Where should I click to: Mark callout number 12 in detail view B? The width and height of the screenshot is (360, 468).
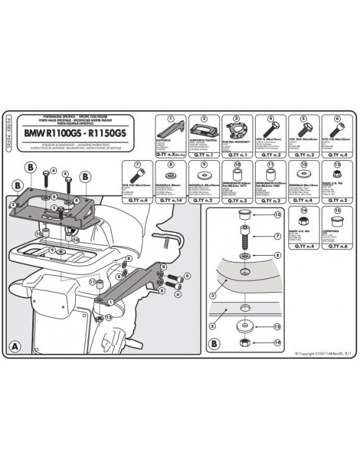pos(278,326)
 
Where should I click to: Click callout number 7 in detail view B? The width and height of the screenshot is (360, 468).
pos(277,236)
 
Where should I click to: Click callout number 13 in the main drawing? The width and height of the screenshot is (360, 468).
pos(109,317)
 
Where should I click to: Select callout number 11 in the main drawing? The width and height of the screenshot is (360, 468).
pos(92,281)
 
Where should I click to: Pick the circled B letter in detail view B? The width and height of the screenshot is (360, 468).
pos(214,343)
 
